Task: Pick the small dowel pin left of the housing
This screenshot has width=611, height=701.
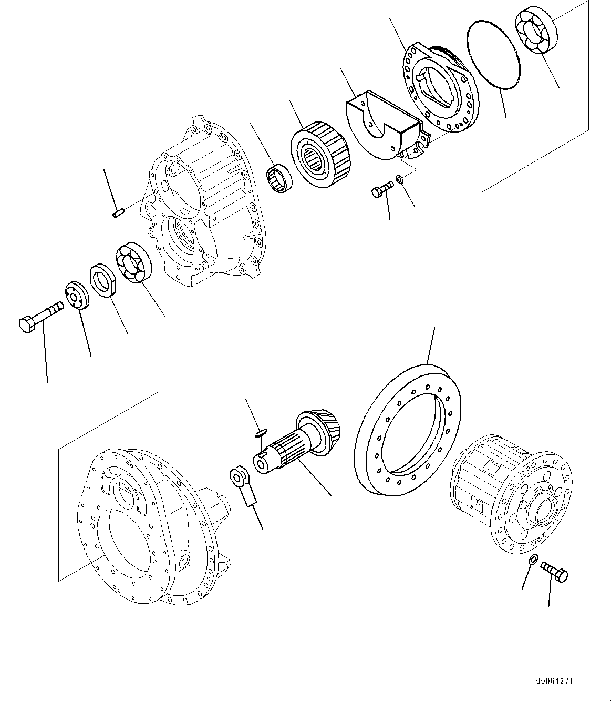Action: (x=118, y=213)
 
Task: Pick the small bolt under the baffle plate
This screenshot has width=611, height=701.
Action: (x=382, y=189)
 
